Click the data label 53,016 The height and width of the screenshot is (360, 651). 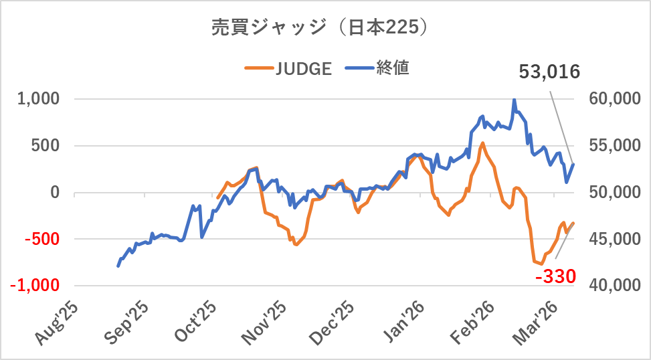tap(549, 72)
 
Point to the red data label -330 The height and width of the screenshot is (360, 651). tap(555, 276)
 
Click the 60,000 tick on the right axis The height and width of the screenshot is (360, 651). tap(614, 99)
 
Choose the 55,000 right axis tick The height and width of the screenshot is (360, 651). tap(614, 146)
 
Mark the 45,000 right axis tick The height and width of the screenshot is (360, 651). tap(614, 239)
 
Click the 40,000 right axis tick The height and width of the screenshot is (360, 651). tap(614, 285)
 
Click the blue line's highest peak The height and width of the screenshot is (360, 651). tap(514, 100)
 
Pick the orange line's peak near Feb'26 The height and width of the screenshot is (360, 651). tap(482, 143)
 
